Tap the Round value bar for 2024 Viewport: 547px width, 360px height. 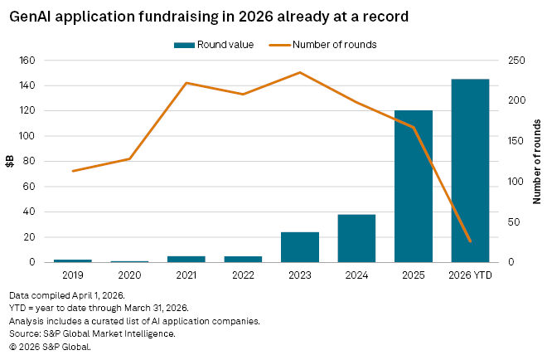(x=356, y=238)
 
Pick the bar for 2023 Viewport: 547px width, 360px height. (x=300, y=247)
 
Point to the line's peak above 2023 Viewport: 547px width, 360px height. (x=299, y=72)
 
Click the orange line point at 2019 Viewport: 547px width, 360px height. (x=73, y=171)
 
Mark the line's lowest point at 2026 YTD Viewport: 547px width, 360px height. (x=470, y=241)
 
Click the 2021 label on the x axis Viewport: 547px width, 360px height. (x=186, y=273)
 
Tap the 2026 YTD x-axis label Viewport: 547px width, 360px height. (x=470, y=273)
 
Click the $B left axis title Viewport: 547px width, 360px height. (x=11, y=161)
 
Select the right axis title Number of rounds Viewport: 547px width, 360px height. (x=536, y=161)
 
